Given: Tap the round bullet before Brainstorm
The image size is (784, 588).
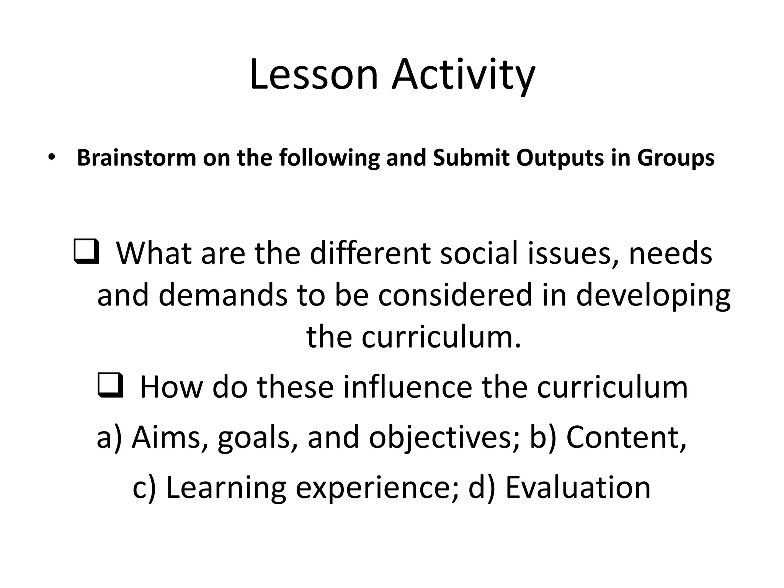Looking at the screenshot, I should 51,158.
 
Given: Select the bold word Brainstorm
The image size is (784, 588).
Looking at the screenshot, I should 136,158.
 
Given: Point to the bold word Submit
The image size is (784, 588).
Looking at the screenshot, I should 472,158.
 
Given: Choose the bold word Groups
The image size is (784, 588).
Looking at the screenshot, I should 676,158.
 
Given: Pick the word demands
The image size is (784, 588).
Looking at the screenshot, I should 223,295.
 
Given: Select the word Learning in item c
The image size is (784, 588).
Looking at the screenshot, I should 226,488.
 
